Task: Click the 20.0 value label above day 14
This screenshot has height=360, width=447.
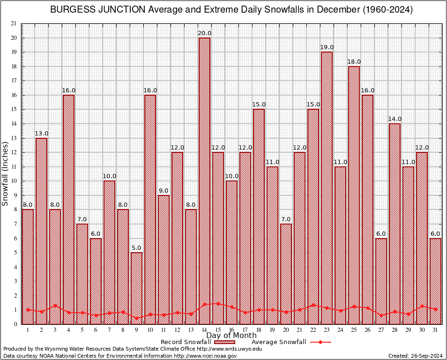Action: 205,33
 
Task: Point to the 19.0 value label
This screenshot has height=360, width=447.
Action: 327,47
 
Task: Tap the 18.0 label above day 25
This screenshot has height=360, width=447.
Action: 354,62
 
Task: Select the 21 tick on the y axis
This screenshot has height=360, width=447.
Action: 14,23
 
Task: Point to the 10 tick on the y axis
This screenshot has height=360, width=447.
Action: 14,181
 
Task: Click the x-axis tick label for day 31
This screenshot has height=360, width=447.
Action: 435,330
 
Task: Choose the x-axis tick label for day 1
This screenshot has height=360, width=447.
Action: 28,330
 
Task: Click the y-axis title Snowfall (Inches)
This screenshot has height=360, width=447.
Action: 6,173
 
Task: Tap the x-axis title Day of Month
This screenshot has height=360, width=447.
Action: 231,336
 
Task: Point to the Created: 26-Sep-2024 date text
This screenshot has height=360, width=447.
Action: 415,356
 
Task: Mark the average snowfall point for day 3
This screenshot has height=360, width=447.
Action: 55,305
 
